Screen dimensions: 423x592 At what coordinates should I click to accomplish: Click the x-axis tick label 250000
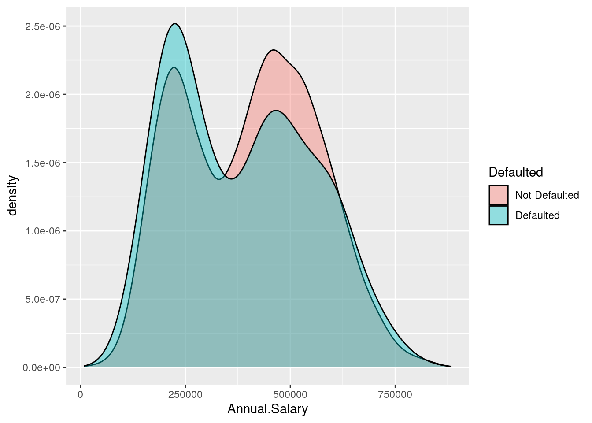click(185, 394)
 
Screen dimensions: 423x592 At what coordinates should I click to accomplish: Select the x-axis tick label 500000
click(290, 394)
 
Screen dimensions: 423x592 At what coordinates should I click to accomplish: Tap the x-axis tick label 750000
click(395, 394)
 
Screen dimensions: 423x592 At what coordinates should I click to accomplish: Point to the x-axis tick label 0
click(80, 394)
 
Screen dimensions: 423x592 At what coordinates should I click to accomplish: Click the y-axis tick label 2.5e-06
click(43, 26)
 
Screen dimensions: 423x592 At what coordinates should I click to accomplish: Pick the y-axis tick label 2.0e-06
click(43, 95)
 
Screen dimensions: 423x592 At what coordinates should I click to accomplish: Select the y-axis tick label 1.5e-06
click(43, 163)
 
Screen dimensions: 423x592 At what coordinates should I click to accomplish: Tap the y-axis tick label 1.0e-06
click(43, 231)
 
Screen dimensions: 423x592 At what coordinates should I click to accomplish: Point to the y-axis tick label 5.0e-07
click(43, 299)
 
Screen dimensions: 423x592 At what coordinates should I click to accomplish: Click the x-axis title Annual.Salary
click(267, 409)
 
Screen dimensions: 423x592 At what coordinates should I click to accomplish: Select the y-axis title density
click(12, 196)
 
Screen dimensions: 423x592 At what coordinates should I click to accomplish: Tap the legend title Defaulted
click(516, 172)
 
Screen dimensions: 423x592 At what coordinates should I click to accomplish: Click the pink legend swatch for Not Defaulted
click(498, 195)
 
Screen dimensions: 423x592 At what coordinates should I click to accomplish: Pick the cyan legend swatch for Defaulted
click(498, 215)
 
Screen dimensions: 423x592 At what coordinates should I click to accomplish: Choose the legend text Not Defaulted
click(547, 195)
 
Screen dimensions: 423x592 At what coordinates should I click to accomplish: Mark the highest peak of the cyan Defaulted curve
click(175, 24)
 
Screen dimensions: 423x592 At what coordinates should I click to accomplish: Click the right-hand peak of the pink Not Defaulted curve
click(274, 50)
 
